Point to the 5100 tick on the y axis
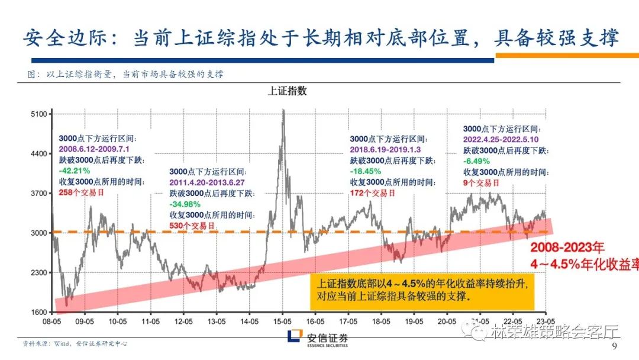tap(38, 114)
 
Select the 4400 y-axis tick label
tap(38, 153)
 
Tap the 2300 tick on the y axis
tap(38, 272)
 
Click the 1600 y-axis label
tap(38, 312)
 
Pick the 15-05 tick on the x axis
tap(283, 323)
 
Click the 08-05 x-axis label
tap(51, 323)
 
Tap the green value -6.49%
tap(476, 160)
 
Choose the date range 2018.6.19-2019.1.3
tap(385, 149)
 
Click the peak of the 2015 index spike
tap(283, 111)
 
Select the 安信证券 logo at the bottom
tap(319, 338)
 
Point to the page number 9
tap(613, 346)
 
